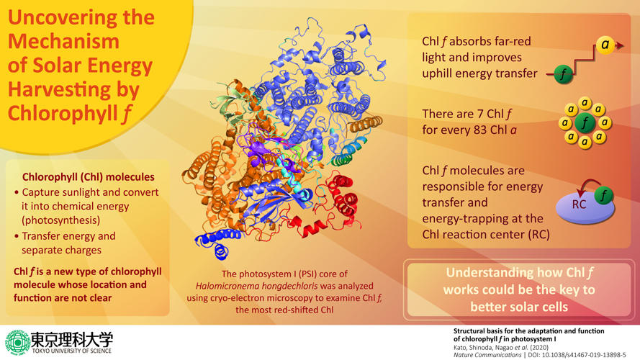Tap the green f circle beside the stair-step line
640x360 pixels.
[x=566, y=73]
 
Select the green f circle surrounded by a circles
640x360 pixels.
[x=585, y=123]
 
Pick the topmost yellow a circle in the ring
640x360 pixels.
[x=585, y=104]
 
